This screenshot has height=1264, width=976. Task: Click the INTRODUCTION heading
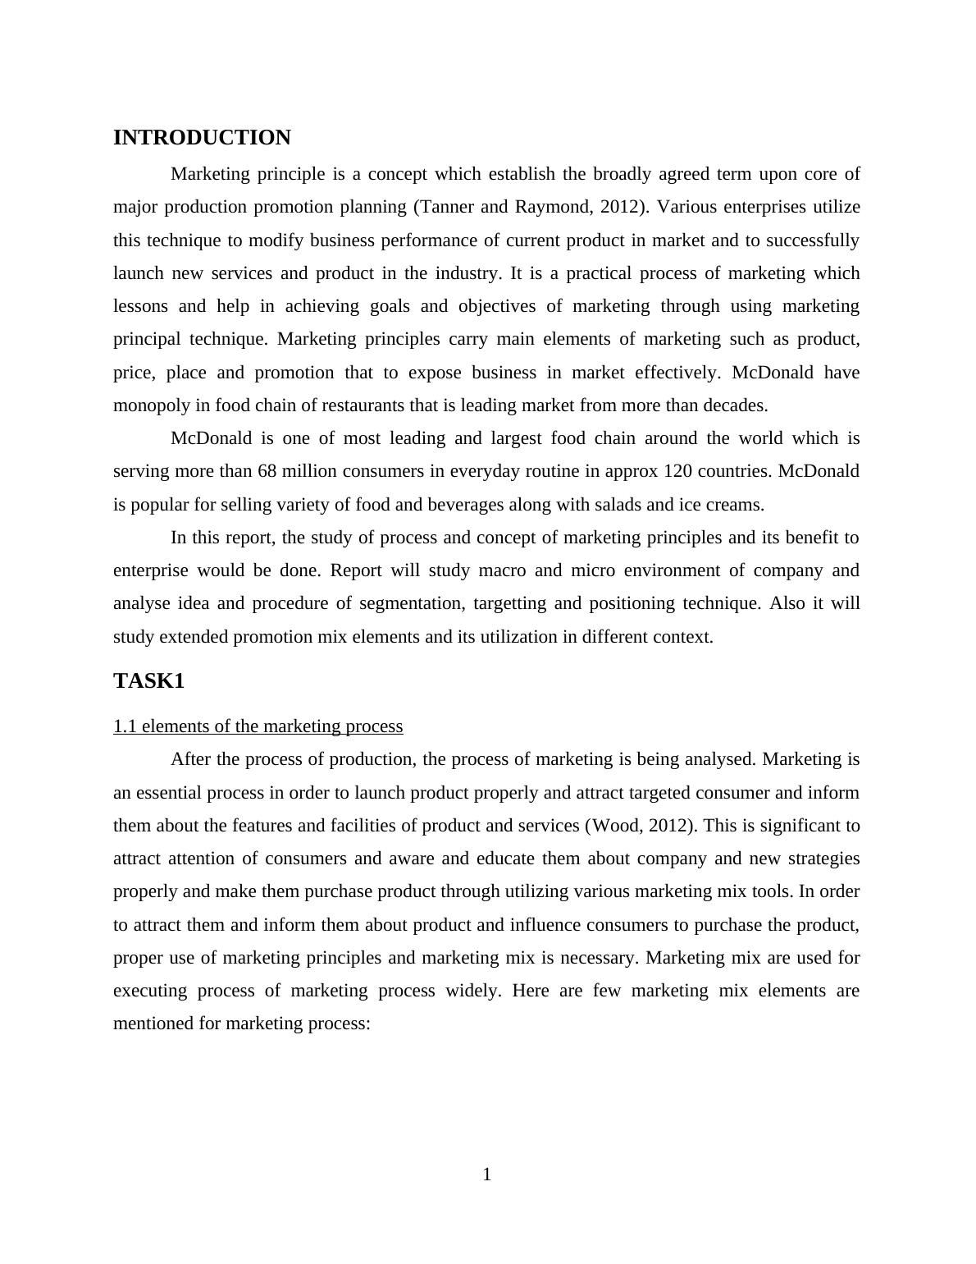click(202, 138)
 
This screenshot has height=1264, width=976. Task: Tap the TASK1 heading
click(148, 681)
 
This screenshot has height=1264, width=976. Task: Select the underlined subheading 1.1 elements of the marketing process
click(258, 726)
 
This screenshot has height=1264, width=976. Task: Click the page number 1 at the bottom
click(487, 1175)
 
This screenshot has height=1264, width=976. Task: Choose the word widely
click(472, 991)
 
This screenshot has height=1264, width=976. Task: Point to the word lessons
click(139, 306)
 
